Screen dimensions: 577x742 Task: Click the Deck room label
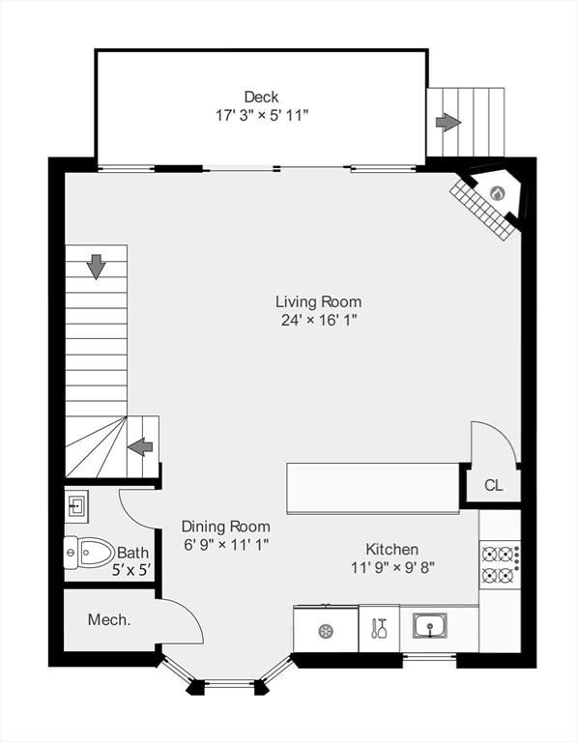click(261, 97)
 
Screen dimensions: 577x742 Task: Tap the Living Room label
click(319, 301)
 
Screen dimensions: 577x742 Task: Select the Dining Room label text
click(226, 527)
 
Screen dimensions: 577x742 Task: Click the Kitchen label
click(392, 549)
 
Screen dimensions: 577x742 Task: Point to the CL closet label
click(493, 485)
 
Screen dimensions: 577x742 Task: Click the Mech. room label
click(109, 619)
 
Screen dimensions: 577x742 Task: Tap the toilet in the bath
click(89, 553)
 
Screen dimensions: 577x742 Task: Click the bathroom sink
click(76, 506)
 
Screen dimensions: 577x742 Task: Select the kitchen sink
click(429, 626)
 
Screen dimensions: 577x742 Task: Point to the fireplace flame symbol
click(498, 192)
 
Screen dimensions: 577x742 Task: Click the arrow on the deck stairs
click(447, 122)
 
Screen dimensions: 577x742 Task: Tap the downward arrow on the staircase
click(96, 267)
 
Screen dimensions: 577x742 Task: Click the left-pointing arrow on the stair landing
click(140, 447)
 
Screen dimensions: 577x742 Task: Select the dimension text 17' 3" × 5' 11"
click(262, 115)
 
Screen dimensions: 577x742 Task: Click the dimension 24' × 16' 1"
click(319, 321)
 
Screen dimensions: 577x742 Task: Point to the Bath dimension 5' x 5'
click(131, 570)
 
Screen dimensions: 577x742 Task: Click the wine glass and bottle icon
click(379, 628)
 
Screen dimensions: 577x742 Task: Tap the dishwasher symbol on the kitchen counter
click(326, 631)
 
